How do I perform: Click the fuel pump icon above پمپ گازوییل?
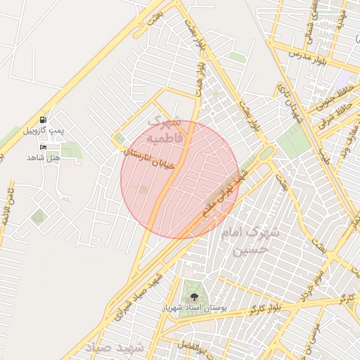tap(44, 120)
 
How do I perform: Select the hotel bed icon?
tap(44, 146)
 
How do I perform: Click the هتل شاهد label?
tap(44, 157)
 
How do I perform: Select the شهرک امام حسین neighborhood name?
tap(250, 239)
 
